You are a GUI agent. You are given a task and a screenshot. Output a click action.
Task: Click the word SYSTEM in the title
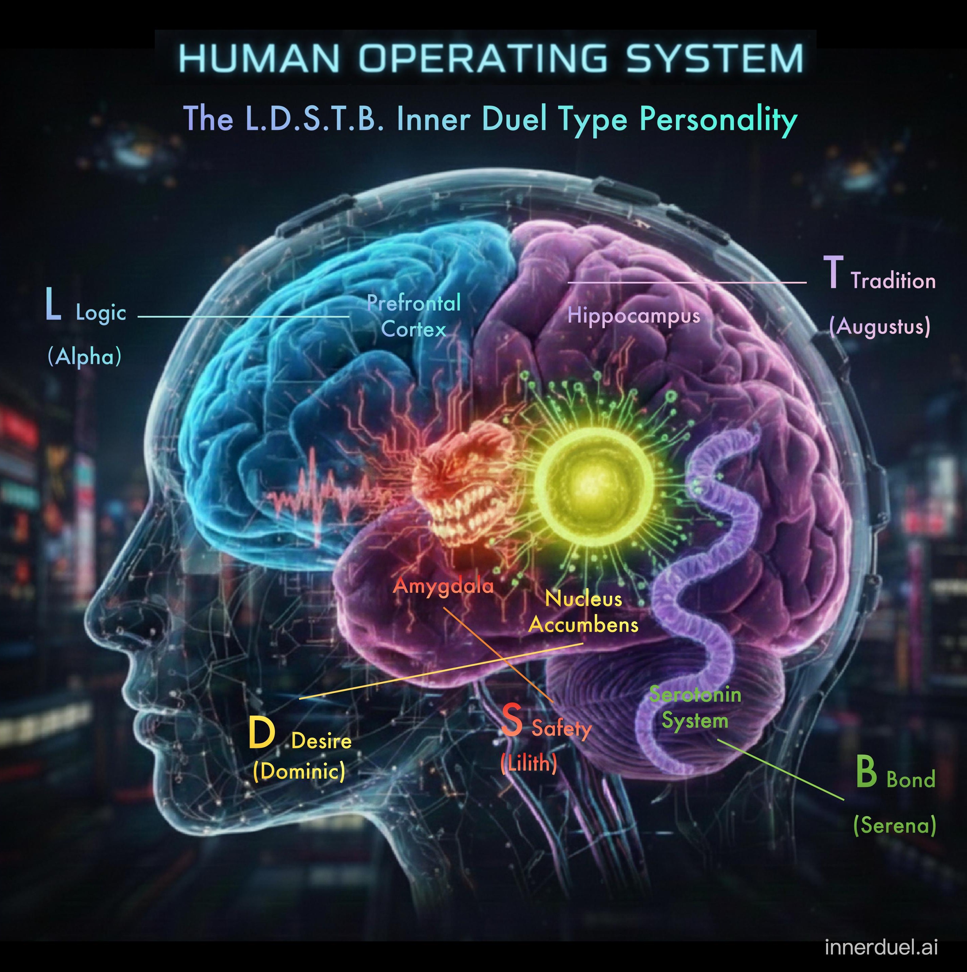pos(715,58)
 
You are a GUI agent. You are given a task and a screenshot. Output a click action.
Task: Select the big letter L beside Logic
pos(53,304)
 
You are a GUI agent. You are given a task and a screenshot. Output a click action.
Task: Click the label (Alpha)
pos(84,357)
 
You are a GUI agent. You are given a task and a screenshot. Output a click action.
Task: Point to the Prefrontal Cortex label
pos(414,316)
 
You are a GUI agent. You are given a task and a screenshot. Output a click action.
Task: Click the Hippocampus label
pos(634,316)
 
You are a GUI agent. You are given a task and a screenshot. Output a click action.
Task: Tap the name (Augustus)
pos(880,326)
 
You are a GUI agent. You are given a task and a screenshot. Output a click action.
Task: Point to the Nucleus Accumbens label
pos(583,612)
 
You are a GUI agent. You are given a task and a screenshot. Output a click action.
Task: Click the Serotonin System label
pos(695,708)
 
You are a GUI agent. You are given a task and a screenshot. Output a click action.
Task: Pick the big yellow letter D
pos(261,733)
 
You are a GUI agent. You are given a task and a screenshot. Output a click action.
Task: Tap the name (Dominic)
pos(299,771)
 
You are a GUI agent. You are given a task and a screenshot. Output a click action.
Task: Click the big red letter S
pos(512,720)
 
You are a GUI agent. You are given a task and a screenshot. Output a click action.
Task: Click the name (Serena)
pos(894,826)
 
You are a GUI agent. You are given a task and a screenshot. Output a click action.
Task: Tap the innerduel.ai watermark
pos(881,947)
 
